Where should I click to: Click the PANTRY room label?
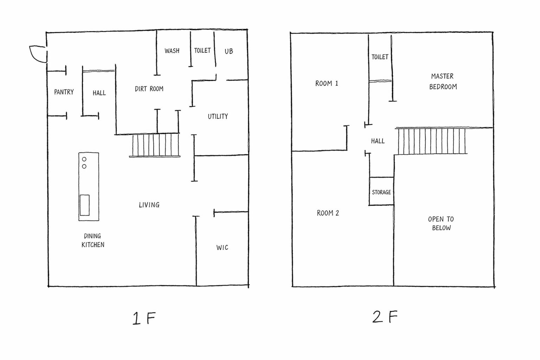[64, 92]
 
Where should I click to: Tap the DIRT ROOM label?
[149, 89]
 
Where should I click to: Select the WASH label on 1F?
[172, 51]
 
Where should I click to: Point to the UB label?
[229, 51]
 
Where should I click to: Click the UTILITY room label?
[218, 116]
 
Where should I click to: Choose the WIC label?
[222, 247]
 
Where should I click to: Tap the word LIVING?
[149, 205]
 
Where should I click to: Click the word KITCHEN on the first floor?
[93, 245]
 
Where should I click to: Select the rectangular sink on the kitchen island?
[85, 205]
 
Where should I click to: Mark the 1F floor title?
[144, 318]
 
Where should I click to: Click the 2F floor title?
[385, 317]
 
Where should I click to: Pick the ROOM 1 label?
[327, 83]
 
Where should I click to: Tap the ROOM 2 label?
[328, 213]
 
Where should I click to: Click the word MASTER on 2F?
[442, 76]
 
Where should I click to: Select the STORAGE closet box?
[381, 191]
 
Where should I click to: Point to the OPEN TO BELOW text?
[441, 223]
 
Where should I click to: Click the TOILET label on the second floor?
[380, 57]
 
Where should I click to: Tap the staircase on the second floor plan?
[432, 141]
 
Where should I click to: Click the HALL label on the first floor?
[99, 93]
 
